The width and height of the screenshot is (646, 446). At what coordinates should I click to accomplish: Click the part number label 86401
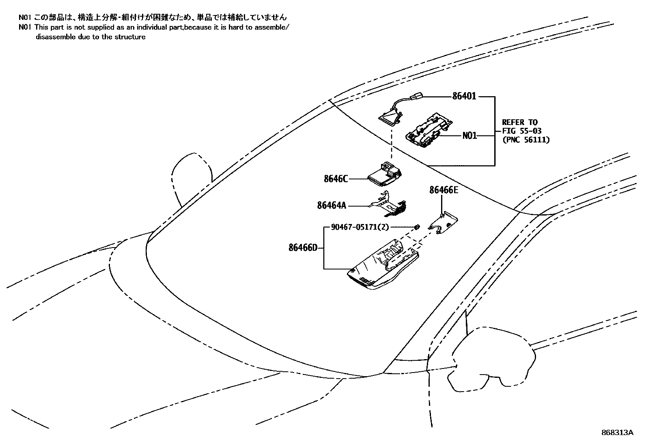coord(464,97)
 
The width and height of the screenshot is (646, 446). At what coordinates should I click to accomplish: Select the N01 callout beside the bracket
coord(469,136)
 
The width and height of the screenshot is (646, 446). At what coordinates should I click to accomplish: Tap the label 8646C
coord(336,179)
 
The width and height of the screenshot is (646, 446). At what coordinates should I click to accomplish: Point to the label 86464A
coord(332,206)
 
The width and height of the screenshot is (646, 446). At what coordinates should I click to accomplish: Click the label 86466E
coord(444,190)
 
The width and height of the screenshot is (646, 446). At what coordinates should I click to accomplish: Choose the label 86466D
coord(303,247)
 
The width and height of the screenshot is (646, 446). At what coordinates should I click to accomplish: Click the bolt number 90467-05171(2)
coord(360,228)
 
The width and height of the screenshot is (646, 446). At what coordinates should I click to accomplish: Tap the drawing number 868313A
coord(617,433)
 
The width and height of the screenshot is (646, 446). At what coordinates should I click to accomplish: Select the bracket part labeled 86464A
coord(388,204)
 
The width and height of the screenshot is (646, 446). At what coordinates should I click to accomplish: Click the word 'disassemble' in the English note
coord(53,37)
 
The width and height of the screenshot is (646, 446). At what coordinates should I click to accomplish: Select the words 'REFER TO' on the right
coord(519,122)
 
